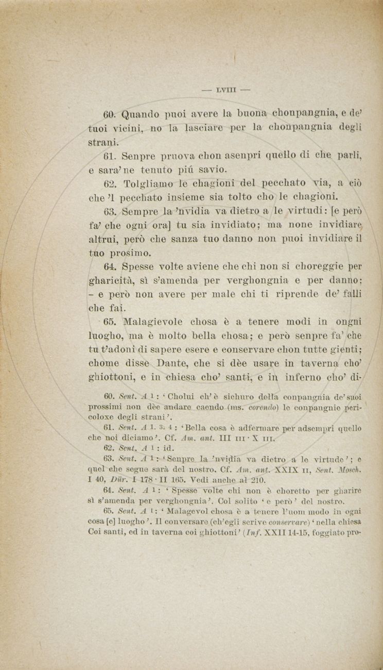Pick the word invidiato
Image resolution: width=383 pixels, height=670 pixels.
(x=237, y=225)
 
